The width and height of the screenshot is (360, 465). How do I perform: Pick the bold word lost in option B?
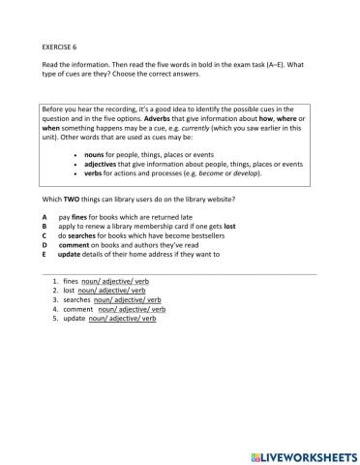(228, 227)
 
